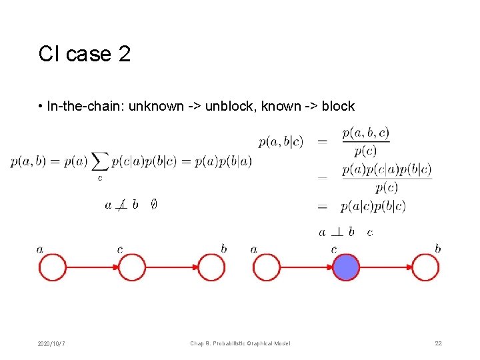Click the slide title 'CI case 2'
84,54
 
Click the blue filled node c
346,267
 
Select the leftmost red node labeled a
53,267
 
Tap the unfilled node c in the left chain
132,267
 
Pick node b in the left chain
212,267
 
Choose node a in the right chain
267,267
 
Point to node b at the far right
425,267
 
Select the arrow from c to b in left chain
172,267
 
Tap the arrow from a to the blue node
306,267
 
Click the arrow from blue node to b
385,267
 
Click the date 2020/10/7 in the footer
52,343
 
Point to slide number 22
438,343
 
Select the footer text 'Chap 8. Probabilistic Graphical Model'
240,343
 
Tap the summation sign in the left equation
101,162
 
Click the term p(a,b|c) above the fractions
281,141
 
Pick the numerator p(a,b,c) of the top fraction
365,133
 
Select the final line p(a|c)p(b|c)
372,206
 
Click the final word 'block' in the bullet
338,106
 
